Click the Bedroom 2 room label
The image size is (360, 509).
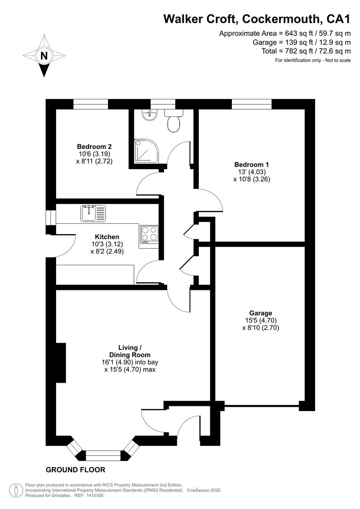click(x=94, y=147)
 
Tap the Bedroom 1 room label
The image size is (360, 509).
click(x=252, y=164)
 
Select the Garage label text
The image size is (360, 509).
click(x=261, y=313)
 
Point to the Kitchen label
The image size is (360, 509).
click(x=107, y=237)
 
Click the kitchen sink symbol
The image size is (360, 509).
click(x=93, y=213)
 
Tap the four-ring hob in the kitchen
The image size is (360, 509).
click(x=149, y=234)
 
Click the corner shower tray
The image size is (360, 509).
click(x=147, y=151)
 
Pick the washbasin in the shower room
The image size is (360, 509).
click(x=150, y=115)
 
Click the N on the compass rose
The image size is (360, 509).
click(x=44, y=56)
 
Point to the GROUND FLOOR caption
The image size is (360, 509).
click(x=75, y=470)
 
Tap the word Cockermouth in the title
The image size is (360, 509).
click(x=280, y=19)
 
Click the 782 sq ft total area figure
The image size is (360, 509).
click(x=297, y=51)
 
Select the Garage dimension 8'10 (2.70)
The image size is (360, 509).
click(x=261, y=328)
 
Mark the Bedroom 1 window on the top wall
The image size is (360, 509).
click(x=252, y=104)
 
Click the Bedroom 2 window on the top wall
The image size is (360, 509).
click(x=90, y=104)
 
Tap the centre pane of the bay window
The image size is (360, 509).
click(x=104, y=455)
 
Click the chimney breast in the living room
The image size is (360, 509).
click(x=61, y=362)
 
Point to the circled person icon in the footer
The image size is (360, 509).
click(x=14, y=491)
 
